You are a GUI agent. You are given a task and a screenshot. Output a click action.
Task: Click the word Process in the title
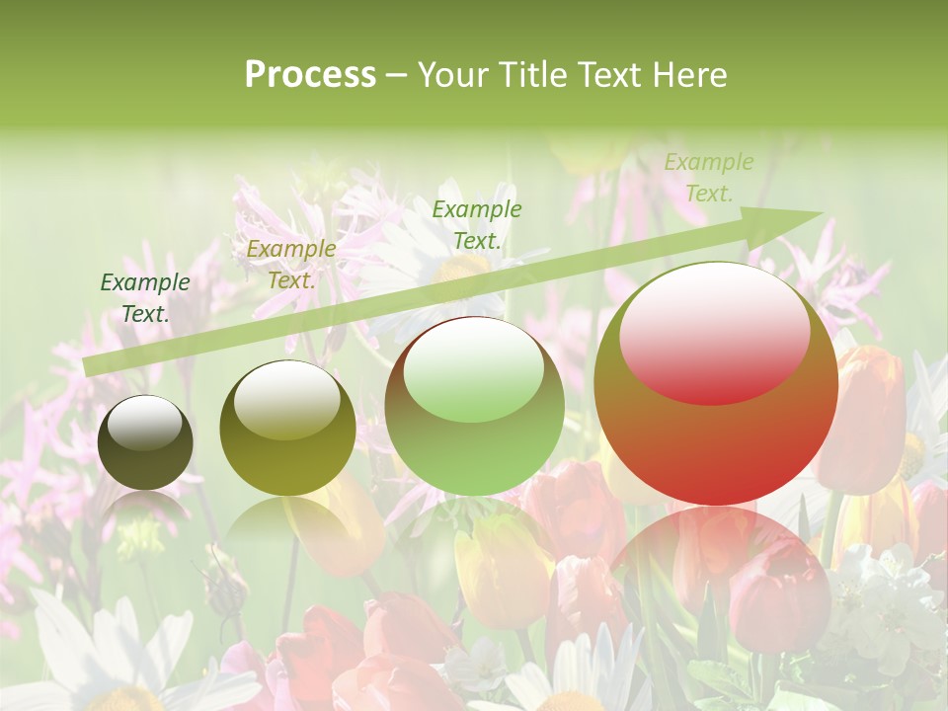[310, 75]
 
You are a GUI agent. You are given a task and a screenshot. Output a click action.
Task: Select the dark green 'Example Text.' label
[145, 297]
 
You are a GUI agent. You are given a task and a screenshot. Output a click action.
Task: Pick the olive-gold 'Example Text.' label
[290, 264]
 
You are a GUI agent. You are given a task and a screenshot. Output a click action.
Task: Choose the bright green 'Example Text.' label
[476, 224]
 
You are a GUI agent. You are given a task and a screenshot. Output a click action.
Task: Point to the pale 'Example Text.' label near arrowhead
[708, 178]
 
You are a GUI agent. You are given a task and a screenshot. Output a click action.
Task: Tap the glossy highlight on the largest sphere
[714, 333]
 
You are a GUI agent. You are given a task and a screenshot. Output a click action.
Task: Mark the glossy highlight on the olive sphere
[286, 397]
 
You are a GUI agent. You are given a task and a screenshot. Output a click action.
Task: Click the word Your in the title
[454, 75]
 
